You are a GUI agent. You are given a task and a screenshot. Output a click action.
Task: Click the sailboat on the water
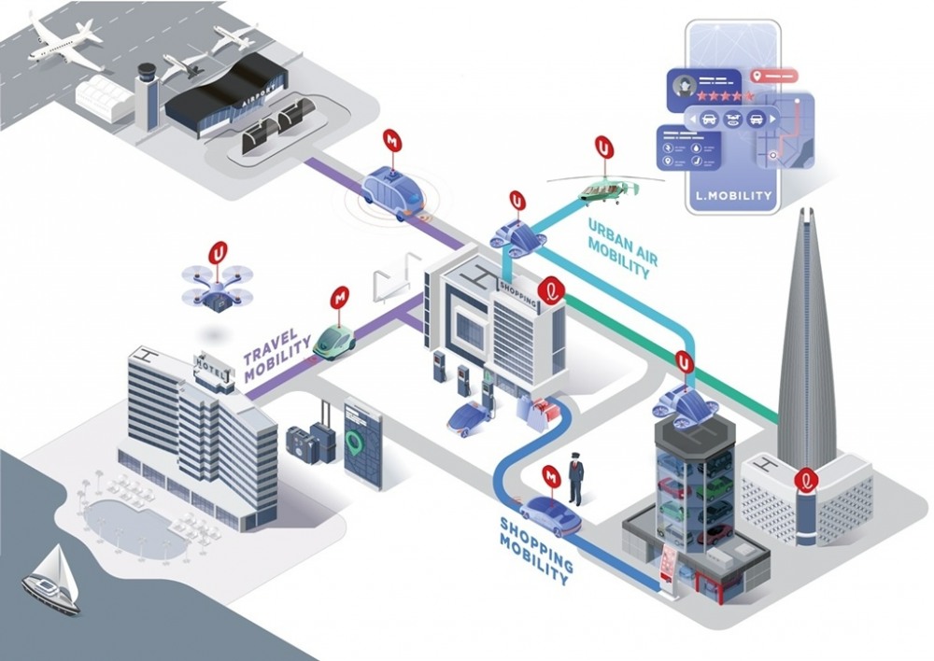52,580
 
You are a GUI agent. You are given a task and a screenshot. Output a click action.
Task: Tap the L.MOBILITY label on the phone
734,196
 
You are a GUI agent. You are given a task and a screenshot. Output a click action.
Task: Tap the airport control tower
147,93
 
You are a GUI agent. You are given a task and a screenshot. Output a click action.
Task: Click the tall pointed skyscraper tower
806,345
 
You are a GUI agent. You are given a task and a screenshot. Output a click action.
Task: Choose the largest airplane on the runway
65,42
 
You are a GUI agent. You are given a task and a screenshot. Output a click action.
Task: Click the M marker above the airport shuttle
392,142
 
